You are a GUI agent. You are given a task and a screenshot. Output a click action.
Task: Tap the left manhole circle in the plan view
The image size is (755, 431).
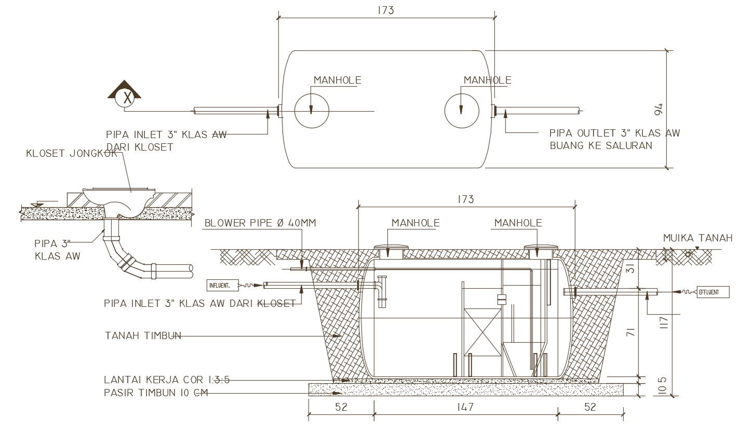pos(312,111)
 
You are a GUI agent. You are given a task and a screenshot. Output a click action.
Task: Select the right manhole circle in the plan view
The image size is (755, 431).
pos(462,111)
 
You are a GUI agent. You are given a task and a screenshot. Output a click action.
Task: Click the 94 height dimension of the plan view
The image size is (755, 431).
pos(658,110)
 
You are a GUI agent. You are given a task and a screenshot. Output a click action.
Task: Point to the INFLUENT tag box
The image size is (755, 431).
pos(222,285)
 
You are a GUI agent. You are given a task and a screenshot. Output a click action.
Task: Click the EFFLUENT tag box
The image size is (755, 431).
pos(712,292)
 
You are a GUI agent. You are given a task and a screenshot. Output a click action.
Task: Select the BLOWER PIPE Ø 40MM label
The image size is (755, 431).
pos(260,223)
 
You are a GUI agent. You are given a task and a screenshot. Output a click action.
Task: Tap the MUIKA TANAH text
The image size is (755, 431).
pos(697,238)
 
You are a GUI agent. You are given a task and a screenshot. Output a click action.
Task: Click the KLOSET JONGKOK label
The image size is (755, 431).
pos(71,154)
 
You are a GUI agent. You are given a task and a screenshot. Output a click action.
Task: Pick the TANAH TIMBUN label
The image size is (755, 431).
pos(143,336)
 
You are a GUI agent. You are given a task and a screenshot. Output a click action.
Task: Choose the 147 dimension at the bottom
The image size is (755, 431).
pos(466,407)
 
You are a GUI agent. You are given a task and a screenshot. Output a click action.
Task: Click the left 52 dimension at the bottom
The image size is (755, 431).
pos(341,407)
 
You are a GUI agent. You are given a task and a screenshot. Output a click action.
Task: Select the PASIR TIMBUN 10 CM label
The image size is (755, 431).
pos(156,393)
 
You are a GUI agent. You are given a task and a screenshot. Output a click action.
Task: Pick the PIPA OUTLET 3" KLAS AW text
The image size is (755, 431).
pos(614,133)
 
